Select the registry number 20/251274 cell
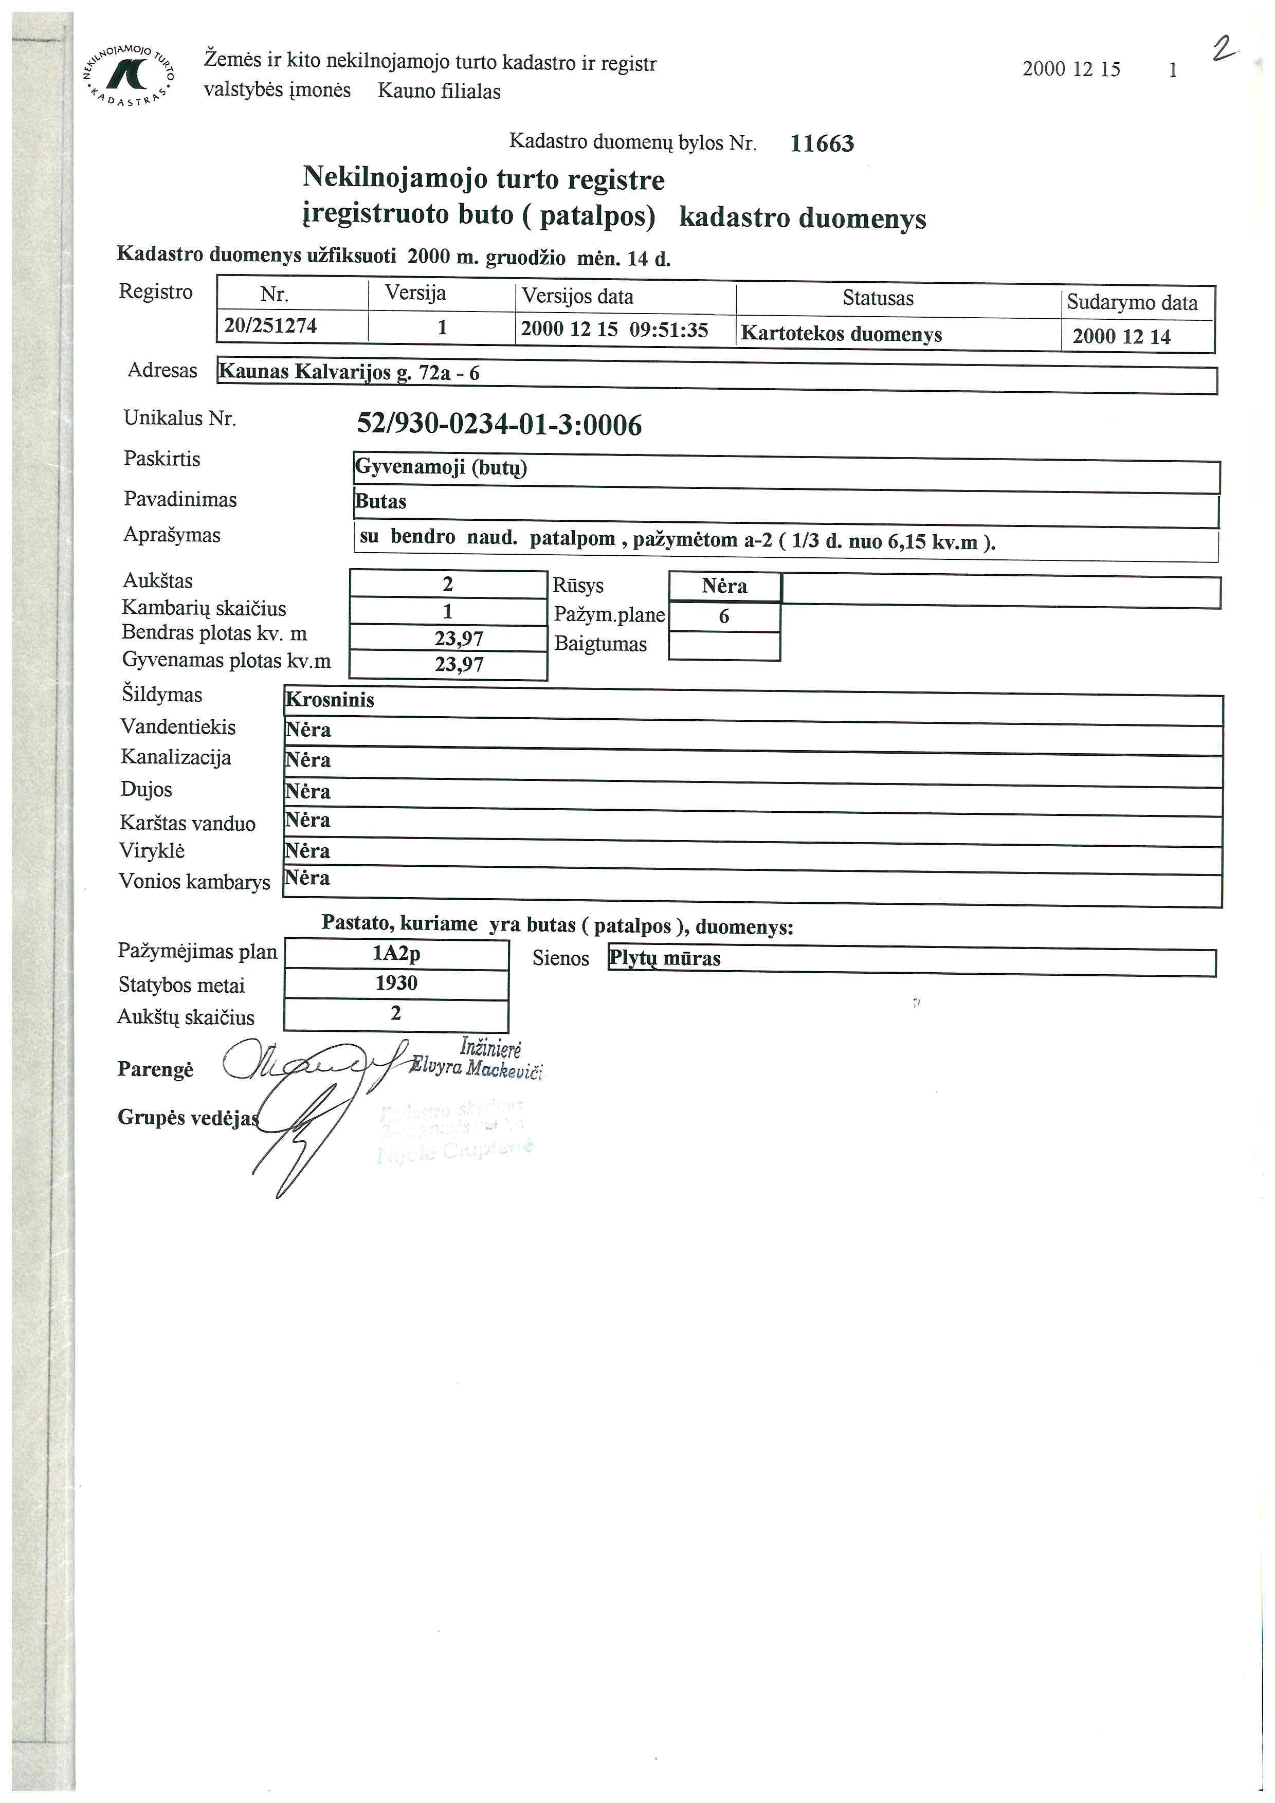(271, 326)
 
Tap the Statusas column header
(878, 298)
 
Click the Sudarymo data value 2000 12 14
(1121, 337)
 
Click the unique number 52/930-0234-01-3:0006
(499, 425)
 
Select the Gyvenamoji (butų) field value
(441, 468)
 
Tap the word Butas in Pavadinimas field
(381, 502)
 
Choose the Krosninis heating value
(330, 700)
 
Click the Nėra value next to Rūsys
(724, 587)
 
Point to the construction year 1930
(396, 983)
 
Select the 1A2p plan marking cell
(396, 953)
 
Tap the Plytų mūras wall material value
(665, 959)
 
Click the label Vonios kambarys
(194, 882)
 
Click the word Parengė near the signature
(155, 1069)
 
